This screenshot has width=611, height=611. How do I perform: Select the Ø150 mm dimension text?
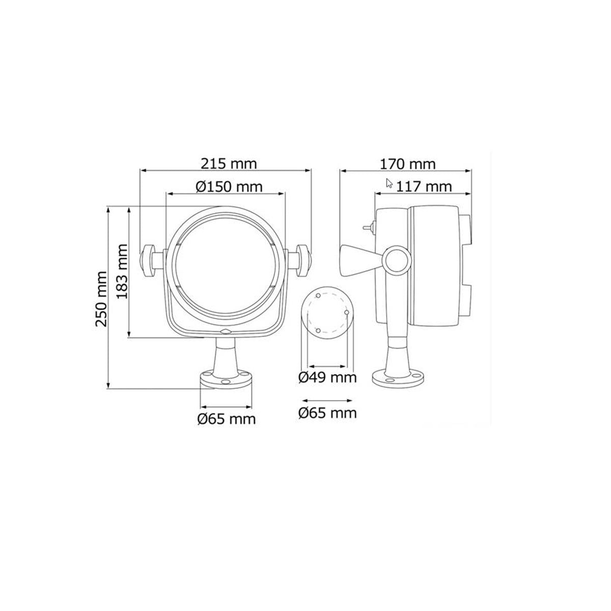(x=229, y=186)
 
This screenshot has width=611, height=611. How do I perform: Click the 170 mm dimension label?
(x=408, y=164)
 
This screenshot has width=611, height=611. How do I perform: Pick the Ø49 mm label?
(x=327, y=378)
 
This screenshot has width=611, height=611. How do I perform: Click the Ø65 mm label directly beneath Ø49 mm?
(x=327, y=412)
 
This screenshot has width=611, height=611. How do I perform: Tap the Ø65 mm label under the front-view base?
(x=227, y=419)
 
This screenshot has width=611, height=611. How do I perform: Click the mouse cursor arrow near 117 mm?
(x=390, y=183)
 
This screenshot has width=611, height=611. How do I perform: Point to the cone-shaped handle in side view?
(x=359, y=260)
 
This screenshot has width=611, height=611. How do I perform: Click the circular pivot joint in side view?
(x=397, y=260)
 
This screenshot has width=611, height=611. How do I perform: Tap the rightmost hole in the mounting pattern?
(x=346, y=312)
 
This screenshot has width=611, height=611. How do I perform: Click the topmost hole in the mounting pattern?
(x=318, y=295)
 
